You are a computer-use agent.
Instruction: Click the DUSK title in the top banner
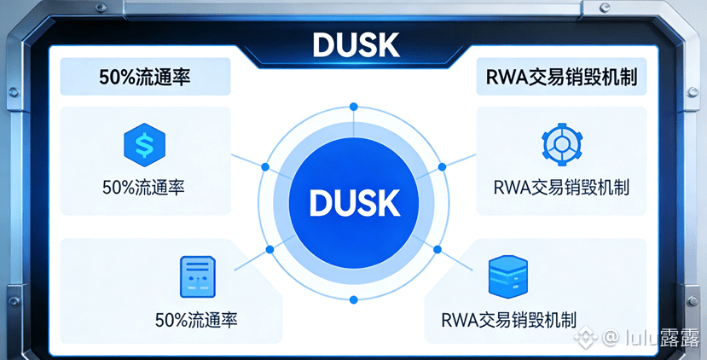pyautogui.click(x=353, y=44)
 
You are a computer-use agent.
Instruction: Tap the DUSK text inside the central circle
pyautogui.click(x=353, y=202)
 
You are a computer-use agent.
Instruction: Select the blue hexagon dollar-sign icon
pyautogui.click(x=143, y=144)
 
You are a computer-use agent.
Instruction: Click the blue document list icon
pyautogui.click(x=198, y=277)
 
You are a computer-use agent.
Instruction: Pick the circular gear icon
pyautogui.click(x=562, y=143)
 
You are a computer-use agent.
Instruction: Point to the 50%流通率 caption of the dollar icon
pyautogui.click(x=143, y=186)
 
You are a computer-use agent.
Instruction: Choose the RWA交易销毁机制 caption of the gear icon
pyautogui.click(x=561, y=186)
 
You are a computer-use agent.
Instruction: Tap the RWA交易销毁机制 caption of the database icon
pyautogui.click(x=509, y=321)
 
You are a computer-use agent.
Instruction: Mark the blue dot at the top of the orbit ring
pyautogui.click(x=353, y=107)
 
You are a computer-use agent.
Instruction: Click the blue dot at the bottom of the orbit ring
pyautogui.click(x=353, y=299)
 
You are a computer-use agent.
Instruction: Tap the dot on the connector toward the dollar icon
pyautogui.click(x=264, y=166)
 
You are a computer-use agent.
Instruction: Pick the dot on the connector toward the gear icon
pyautogui.click(x=442, y=165)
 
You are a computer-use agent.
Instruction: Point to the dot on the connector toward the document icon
pyautogui.click(x=269, y=249)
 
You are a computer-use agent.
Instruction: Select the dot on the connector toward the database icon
pyautogui.click(x=438, y=249)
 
